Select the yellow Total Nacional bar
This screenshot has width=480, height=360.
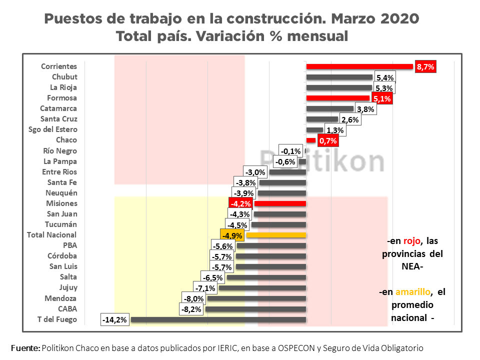point(276,235)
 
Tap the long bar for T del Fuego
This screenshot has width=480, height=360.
point(218,319)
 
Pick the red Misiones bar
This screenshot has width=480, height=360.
point(280,203)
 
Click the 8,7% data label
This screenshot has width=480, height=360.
point(425,66)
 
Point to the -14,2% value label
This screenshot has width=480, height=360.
point(115,319)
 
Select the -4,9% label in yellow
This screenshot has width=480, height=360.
point(232,235)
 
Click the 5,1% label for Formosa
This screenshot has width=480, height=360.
point(382,98)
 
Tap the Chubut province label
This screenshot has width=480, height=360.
point(64,77)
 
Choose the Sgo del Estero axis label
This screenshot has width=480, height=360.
point(52,129)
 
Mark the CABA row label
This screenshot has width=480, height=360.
point(67,308)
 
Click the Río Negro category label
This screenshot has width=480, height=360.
point(60,150)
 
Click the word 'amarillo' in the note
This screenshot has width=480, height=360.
point(412,292)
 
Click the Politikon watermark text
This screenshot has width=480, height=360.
point(323,161)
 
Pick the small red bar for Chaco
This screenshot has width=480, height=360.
point(311,140)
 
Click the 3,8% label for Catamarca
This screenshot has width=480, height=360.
point(365,109)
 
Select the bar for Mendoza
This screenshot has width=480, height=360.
point(256,298)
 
